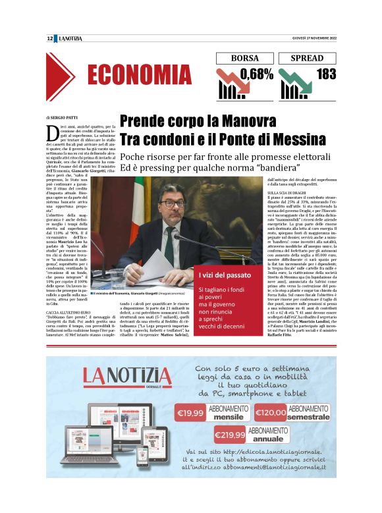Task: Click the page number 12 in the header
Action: point(50,38)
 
